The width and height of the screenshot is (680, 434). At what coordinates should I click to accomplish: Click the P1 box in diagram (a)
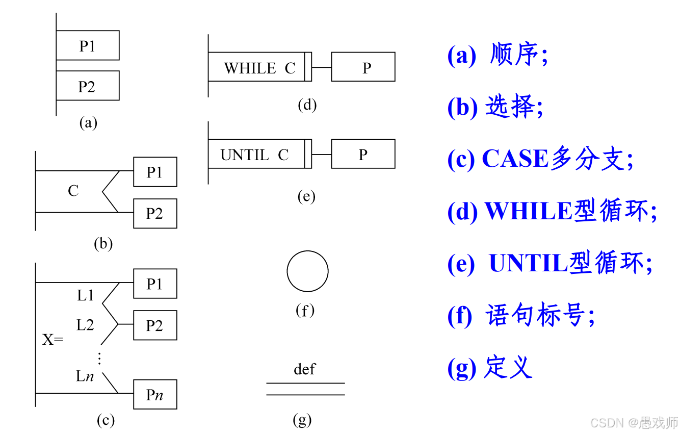coord(87,45)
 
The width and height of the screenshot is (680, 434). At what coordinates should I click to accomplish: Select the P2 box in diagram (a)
coord(87,86)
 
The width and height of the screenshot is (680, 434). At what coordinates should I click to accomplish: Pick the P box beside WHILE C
coord(363,67)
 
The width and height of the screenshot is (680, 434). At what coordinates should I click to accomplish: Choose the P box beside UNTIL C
coord(363,154)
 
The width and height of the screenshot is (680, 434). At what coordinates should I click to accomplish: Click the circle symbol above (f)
coord(307,271)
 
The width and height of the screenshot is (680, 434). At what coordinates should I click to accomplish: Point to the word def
coord(304,369)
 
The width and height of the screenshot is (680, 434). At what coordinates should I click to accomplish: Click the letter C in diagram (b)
coord(73,191)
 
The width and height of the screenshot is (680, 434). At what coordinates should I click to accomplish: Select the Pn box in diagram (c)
coord(155,394)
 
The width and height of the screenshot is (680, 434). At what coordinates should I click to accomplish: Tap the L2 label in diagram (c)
coord(85,325)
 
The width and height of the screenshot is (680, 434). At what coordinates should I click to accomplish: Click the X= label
coord(52,340)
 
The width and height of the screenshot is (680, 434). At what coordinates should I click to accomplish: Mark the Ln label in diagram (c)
coord(85,377)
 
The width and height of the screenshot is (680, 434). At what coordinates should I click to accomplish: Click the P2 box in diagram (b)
coord(155,213)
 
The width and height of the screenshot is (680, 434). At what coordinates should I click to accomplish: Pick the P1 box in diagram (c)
coord(155,284)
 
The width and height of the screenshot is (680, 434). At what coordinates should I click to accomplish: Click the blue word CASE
coord(515,159)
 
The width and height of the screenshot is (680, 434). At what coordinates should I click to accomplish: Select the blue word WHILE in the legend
coord(528,211)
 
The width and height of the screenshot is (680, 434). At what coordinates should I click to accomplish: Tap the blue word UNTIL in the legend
coord(528,264)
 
